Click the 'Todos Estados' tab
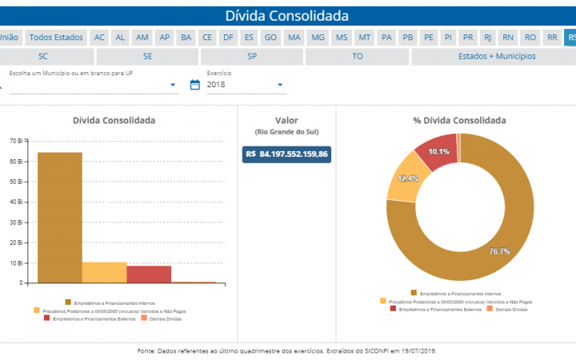coord(56,38)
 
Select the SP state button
coord(252,57)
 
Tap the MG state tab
coord(318,38)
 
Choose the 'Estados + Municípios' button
coord(492,57)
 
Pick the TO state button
coord(357,57)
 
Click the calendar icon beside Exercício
coord(194,85)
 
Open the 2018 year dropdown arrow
coord(281,85)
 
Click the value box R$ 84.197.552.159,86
coord(287,154)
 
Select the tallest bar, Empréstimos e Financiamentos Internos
coord(60,216)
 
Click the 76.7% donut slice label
coord(500,251)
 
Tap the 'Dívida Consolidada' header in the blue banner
coord(287,15)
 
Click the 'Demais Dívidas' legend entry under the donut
coord(509,308)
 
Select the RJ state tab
coord(488,38)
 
